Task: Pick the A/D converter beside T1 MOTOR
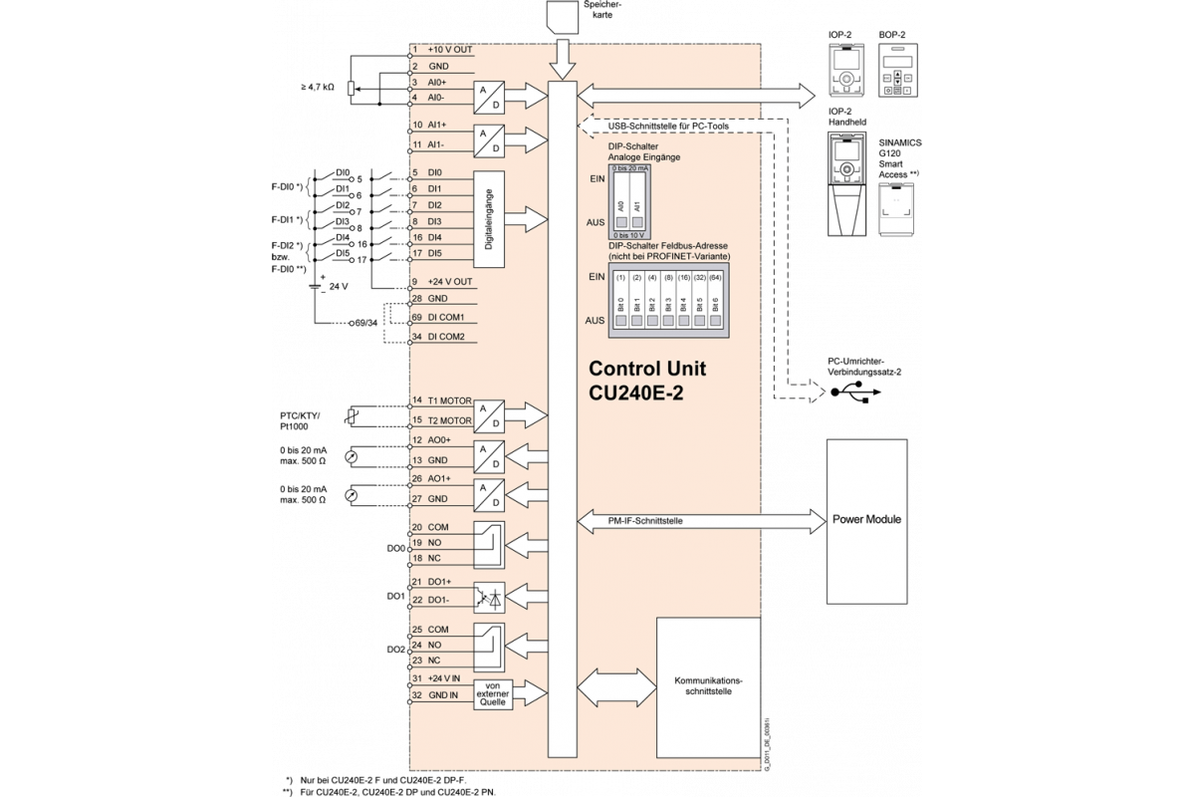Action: pos(488,412)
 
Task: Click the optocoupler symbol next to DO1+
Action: pos(489,595)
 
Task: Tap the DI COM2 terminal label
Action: pos(446,337)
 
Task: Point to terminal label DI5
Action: pos(435,253)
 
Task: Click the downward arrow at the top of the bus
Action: pos(563,61)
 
